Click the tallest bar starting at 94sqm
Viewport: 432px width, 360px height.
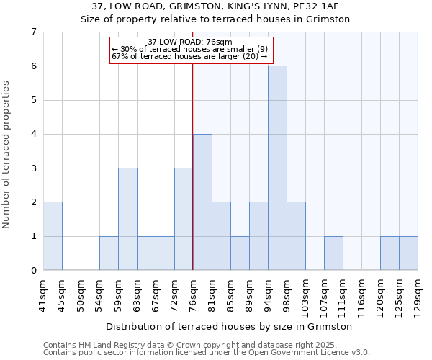[x=277, y=168]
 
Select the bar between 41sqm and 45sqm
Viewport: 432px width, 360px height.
[x=53, y=236]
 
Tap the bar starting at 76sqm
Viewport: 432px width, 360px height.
[x=202, y=202]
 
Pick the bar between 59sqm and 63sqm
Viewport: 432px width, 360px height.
[x=127, y=219]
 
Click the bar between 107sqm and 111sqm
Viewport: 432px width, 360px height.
[x=333, y=253]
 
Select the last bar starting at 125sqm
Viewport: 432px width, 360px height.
[x=408, y=253]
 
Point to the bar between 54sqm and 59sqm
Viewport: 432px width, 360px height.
[x=109, y=253]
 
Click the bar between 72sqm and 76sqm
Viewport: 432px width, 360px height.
[x=184, y=219]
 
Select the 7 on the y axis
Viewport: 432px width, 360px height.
[x=33, y=32]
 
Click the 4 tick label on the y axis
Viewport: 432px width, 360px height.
[x=33, y=134]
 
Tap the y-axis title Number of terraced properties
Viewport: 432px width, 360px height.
[x=7, y=154]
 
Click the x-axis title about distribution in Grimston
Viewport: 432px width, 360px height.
[x=230, y=326]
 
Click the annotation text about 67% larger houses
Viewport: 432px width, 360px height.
[x=189, y=56]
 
